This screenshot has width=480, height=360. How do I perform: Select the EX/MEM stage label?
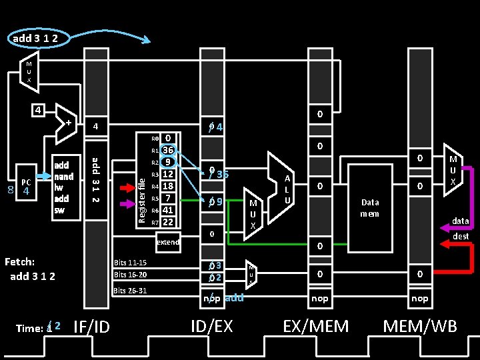coord(315,326)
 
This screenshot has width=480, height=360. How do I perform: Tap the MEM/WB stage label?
coord(420,326)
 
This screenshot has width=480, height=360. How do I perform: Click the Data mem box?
coord(369,208)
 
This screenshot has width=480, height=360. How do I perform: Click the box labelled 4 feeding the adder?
coord(41,109)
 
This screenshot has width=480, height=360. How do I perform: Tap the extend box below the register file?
coord(168,242)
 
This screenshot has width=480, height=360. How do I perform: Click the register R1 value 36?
coord(169,150)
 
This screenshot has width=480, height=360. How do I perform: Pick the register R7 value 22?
coord(169,222)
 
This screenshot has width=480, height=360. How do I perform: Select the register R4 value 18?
coord(169,186)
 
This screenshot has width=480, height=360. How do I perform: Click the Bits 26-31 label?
coord(130,291)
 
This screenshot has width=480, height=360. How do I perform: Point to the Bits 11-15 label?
coord(130,263)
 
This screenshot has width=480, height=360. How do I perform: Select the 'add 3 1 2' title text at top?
coord(35,38)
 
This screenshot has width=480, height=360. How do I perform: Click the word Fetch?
coord(19,262)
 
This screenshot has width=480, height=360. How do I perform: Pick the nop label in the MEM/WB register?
coord(420,298)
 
